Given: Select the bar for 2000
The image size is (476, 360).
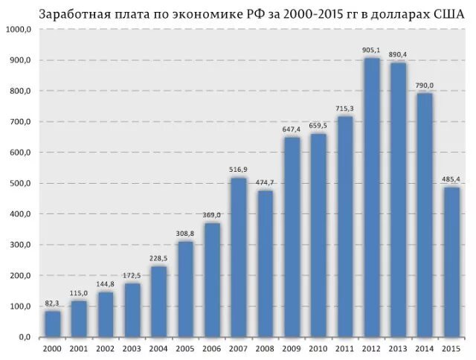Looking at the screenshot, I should (52, 324).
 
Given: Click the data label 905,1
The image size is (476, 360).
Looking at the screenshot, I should (371, 50).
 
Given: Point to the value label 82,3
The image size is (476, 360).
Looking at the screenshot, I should (52, 303).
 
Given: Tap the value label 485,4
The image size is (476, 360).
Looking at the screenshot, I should (451, 179).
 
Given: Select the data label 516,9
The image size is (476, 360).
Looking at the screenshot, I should (238, 170).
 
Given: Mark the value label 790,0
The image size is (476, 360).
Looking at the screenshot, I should (424, 86).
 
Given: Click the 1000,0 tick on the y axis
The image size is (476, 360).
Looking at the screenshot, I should (19, 29).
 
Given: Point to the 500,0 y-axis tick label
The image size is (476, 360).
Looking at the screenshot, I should (20, 183).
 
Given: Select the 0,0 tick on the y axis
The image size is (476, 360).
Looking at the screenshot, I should (25, 337).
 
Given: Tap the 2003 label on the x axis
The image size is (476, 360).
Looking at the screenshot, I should (132, 348).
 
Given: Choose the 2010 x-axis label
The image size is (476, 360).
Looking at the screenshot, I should (318, 348).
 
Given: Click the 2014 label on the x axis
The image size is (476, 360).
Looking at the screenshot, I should (424, 348).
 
